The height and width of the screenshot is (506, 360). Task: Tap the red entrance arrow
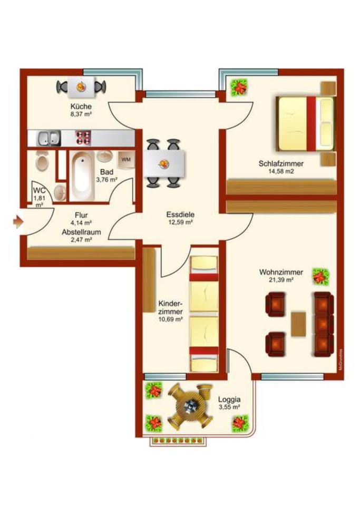pos(18,221)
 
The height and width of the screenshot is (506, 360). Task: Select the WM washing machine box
pos(126,159)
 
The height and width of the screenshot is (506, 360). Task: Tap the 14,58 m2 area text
pos(281,172)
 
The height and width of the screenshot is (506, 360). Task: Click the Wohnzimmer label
pos(281,272)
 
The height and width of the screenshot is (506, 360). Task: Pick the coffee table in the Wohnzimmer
pos(298,322)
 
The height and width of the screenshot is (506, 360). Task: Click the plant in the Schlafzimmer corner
pos(239,86)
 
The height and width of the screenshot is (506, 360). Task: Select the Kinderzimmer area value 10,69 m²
pos(170,319)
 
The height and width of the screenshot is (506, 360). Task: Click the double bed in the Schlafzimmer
pos(305,122)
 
